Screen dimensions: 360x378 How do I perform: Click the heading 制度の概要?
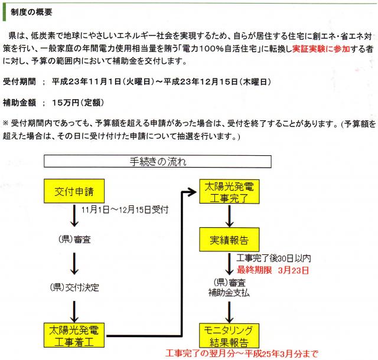coord(32,11)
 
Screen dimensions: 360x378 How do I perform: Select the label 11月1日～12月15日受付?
coord(126,210)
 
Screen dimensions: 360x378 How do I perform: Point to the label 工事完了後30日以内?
coord(273,258)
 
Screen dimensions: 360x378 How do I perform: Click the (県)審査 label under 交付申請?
coord(74,240)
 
